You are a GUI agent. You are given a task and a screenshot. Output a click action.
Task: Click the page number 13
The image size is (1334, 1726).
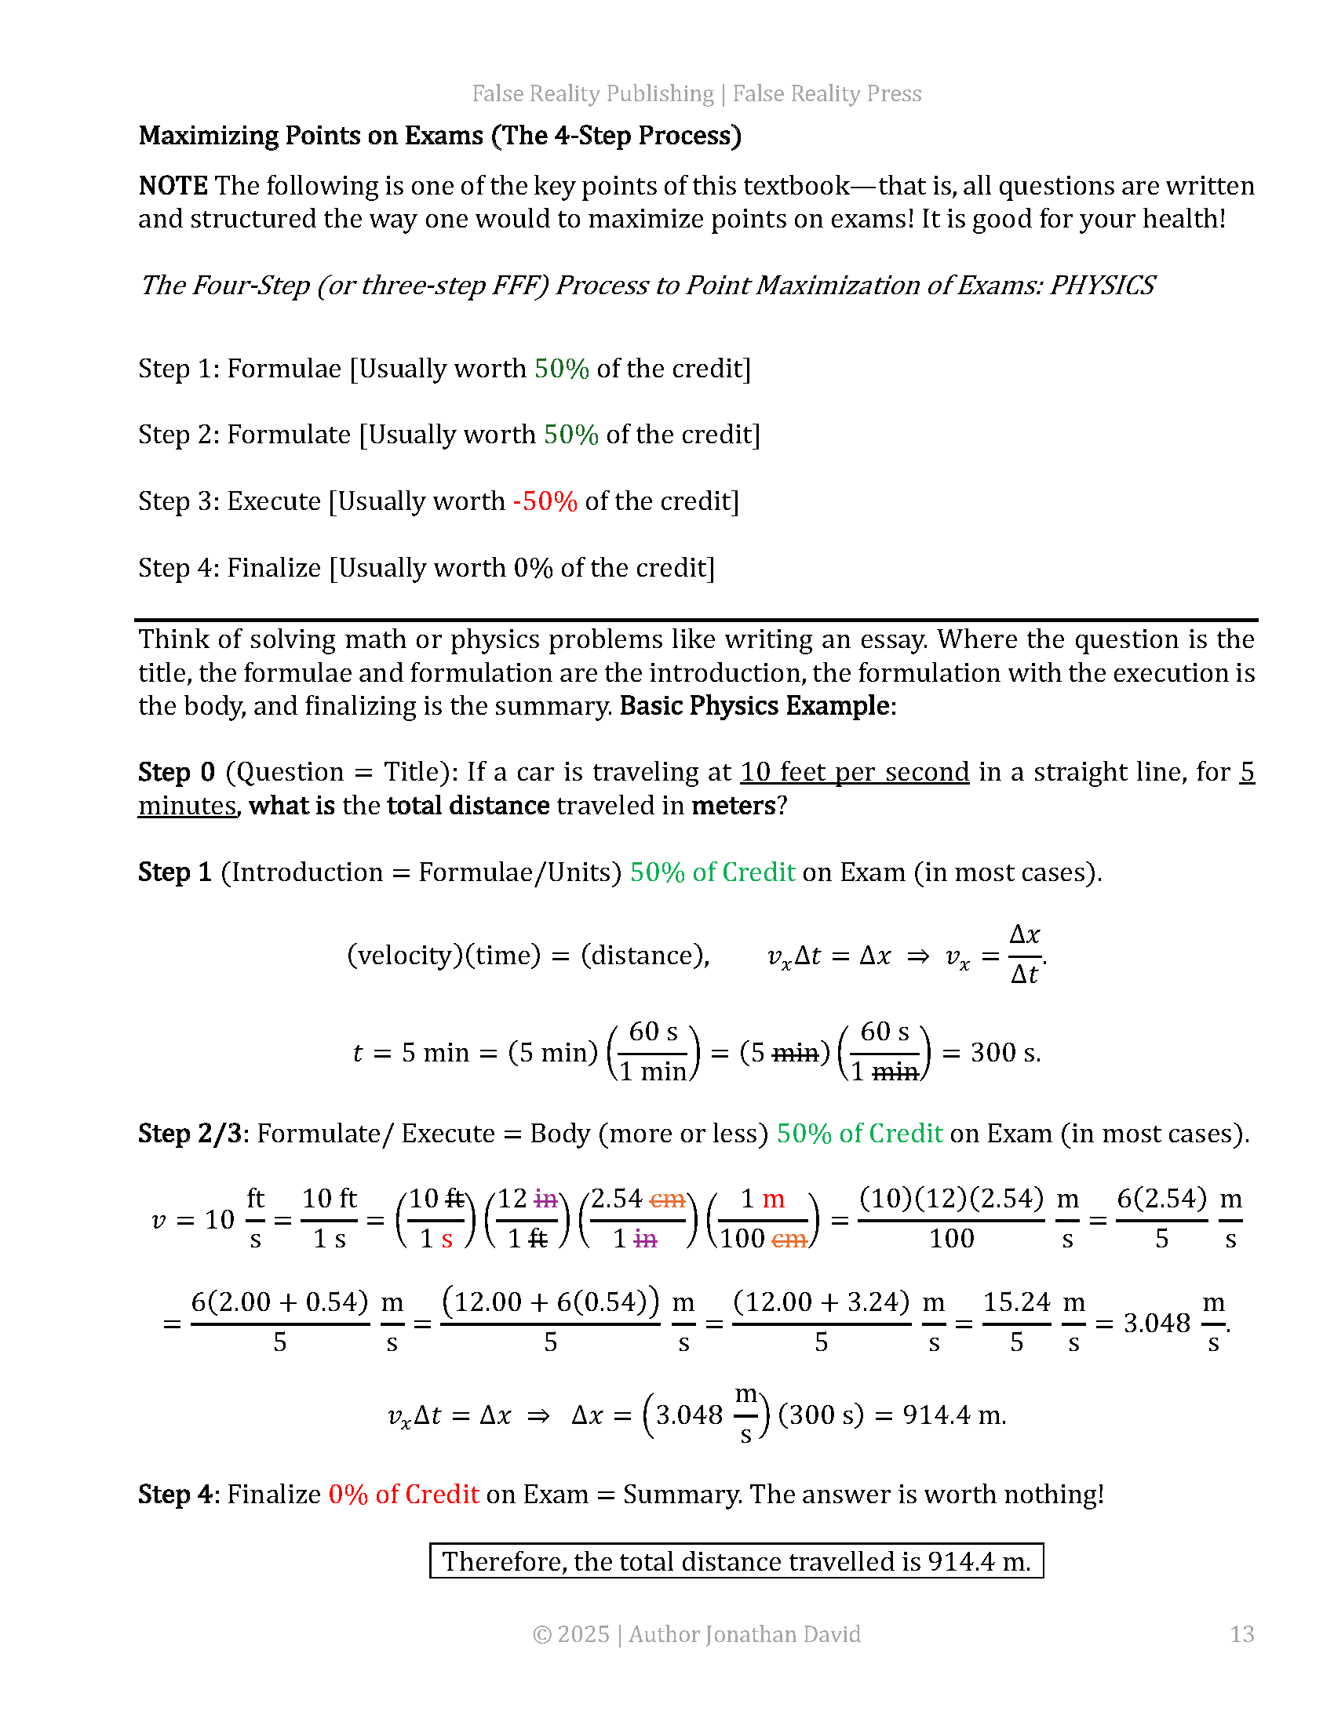(x=1241, y=1633)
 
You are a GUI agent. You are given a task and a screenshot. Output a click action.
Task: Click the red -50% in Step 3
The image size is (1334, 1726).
(x=545, y=501)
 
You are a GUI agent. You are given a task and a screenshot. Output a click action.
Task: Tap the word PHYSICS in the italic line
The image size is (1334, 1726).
(x=1102, y=286)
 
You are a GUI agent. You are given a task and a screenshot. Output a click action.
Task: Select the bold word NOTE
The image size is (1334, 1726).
(x=173, y=186)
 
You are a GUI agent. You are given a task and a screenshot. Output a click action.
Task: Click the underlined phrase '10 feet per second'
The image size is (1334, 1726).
(x=855, y=772)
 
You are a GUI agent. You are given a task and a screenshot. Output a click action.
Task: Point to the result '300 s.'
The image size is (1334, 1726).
(x=1005, y=1053)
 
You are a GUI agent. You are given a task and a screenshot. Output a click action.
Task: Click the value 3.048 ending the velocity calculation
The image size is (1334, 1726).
(x=1156, y=1323)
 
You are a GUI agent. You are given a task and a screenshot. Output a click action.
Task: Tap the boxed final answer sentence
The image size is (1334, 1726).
(x=737, y=1561)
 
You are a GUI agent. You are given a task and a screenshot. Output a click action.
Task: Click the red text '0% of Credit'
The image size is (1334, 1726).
(x=404, y=1495)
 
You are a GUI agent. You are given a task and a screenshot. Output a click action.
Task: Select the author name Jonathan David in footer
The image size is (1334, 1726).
(x=782, y=1633)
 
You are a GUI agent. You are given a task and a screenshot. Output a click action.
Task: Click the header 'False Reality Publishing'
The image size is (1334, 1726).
(x=592, y=93)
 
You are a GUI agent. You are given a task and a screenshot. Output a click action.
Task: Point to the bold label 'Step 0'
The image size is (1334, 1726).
(x=177, y=772)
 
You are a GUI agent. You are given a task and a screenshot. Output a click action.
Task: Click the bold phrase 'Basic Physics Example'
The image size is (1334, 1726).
(x=755, y=706)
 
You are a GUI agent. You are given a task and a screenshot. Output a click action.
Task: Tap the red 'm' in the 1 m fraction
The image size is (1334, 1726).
(x=773, y=1199)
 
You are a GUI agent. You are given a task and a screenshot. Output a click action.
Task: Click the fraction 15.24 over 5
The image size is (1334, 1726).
(x=1016, y=1322)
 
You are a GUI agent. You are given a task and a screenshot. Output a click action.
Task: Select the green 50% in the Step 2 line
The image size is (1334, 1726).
(x=570, y=435)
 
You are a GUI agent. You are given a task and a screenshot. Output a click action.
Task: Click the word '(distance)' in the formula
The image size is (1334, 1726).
(x=645, y=956)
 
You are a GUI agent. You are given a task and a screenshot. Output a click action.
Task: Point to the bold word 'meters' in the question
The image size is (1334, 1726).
(x=734, y=805)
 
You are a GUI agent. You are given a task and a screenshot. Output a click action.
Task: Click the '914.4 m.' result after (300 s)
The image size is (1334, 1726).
(x=955, y=1415)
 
